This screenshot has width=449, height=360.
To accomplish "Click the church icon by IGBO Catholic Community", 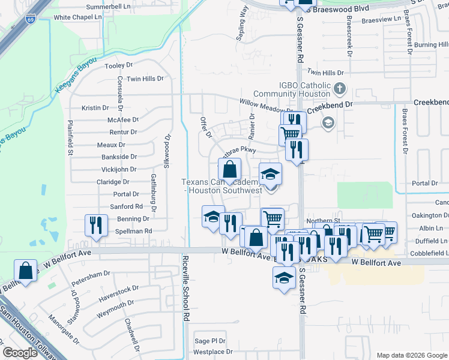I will point(340,89).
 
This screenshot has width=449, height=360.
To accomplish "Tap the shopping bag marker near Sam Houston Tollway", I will point(26,271).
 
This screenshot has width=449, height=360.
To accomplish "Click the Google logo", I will point(20,353).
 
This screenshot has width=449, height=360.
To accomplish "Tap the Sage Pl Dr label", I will point(209,341).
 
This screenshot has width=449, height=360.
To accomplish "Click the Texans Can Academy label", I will point(222,186).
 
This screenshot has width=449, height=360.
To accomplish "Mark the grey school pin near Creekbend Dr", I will point(328,124).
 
